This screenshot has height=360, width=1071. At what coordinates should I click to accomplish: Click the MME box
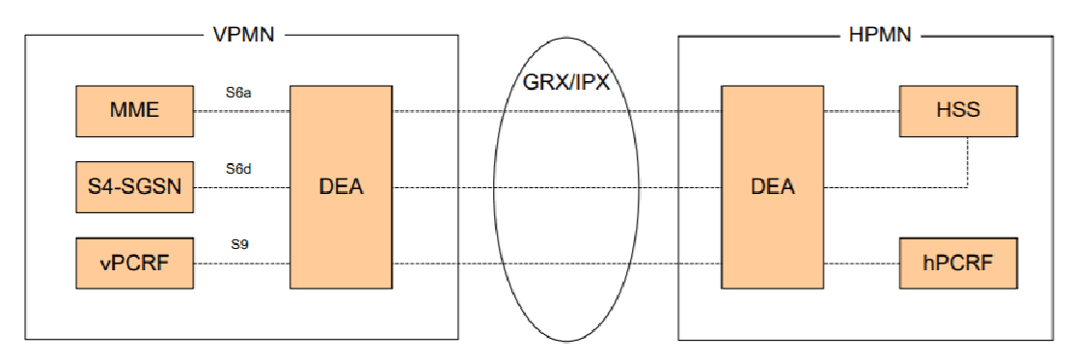[134, 111]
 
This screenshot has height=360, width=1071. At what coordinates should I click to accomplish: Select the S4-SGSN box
[134, 187]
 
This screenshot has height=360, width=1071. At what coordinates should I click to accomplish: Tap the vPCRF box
[134, 263]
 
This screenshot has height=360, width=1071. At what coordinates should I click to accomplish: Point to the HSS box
[958, 111]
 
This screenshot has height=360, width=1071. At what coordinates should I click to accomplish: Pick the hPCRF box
[958, 263]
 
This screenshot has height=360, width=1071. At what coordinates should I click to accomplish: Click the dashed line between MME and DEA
[241, 111]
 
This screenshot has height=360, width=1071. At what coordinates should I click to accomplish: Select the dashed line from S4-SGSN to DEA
[241, 187]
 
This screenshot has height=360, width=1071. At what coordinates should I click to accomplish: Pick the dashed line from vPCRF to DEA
[241, 263]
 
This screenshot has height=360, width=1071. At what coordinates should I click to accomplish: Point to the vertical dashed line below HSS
[968, 159]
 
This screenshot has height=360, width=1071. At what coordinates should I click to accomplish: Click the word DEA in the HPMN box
[772, 186]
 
